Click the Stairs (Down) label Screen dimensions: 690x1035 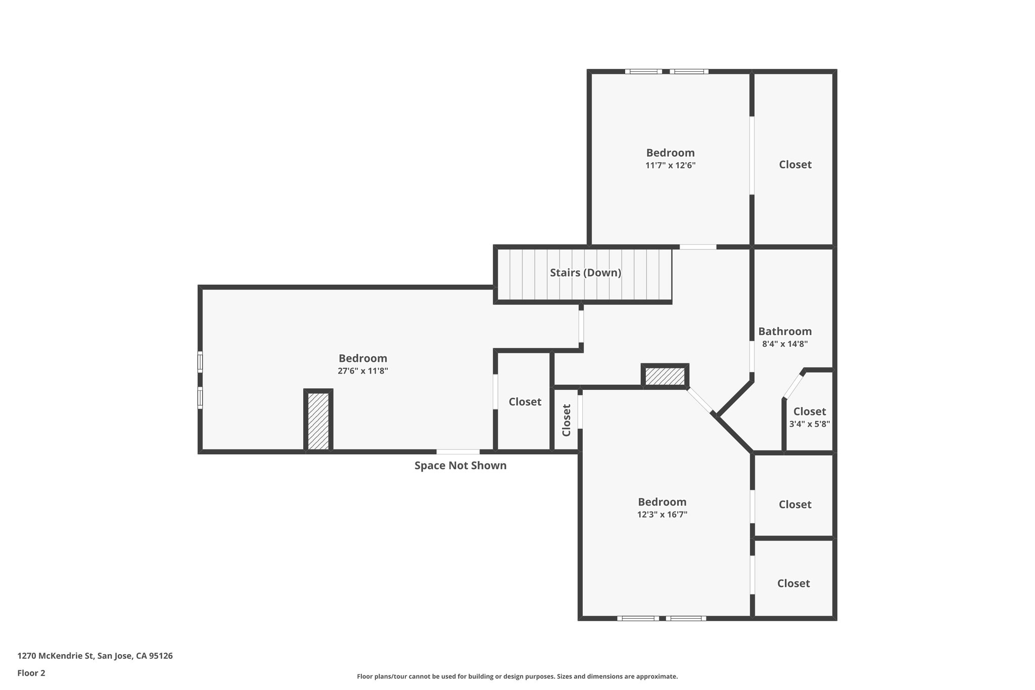[x=585, y=273]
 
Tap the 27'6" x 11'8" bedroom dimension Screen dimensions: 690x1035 [x=362, y=371]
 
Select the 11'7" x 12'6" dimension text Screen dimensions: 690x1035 [x=670, y=165]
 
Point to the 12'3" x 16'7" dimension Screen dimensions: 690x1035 [x=662, y=515]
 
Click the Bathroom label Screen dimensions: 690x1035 [x=784, y=332]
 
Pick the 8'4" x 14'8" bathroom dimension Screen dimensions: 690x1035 [x=784, y=344]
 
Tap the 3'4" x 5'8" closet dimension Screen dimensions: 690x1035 [x=809, y=425]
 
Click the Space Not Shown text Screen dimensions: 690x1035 [x=460, y=466]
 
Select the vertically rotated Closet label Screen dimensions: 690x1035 [x=567, y=420]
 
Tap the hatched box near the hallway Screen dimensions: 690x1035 [x=665, y=377]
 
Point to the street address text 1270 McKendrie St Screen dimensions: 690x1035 [x=95, y=656]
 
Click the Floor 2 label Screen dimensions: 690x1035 [x=31, y=673]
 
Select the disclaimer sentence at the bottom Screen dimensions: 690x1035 [x=517, y=676]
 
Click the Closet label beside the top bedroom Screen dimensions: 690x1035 [x=794, y=165]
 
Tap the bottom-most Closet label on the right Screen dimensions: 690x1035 [x=793, y=584]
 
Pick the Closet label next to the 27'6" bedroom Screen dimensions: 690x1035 [x=525, y=402]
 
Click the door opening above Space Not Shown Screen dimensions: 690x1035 [x=458, y=452]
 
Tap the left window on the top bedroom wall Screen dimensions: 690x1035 [x=643, y=72]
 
